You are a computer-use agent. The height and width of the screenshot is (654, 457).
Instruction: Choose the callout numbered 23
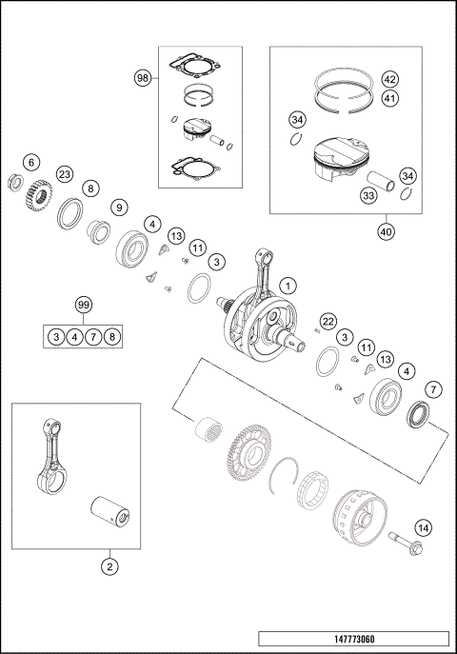64,174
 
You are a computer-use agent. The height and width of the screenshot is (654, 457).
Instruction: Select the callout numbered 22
327,321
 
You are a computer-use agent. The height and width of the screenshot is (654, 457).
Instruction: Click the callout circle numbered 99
85,306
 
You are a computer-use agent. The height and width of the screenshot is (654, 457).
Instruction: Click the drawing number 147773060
352,639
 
